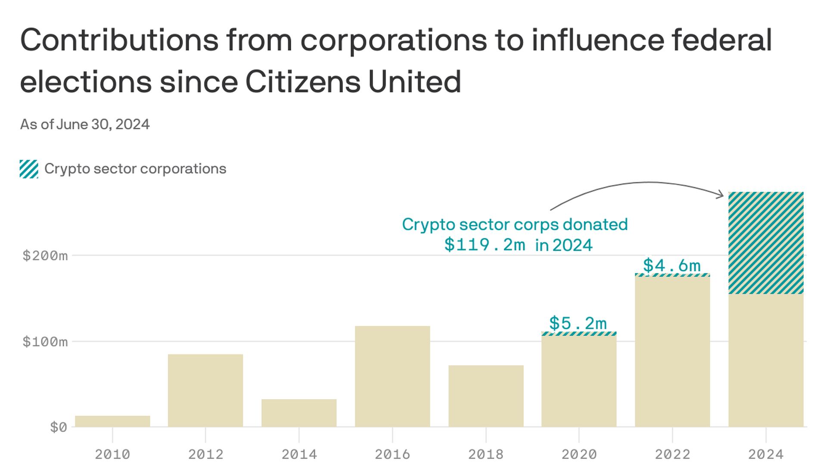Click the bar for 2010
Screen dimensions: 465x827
[x=112, y=421]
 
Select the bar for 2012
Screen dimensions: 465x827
[x=205, y=391]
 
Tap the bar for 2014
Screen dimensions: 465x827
[x=299, y=413]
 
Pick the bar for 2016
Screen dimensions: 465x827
[x=392, y=376]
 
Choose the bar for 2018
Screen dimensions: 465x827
[x=486, y=396]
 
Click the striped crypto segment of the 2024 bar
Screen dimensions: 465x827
[x=766, y=243]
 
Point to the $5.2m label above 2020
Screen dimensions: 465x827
[x=578, y=323]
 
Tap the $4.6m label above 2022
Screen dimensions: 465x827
[x=672, y=265]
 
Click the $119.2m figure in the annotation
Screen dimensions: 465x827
[x=485, y=245]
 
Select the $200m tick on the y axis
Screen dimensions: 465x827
[x=45, y=256]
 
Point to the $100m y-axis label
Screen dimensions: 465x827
[x=45, y=342]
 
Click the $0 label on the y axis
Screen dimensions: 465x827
[x=59, y=427]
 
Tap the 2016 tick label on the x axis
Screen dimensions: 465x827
[x=392, y=454]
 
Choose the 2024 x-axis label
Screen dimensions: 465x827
[x=766, y=454]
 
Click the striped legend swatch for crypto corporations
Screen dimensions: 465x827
[x=29, y=169]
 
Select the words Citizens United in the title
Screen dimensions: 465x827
[x=353, y=82]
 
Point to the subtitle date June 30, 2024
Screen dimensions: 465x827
[x=103, y=124]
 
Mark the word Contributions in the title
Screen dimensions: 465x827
[x=119, y=40]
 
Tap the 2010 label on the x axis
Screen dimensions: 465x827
[x=112, y=454]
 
